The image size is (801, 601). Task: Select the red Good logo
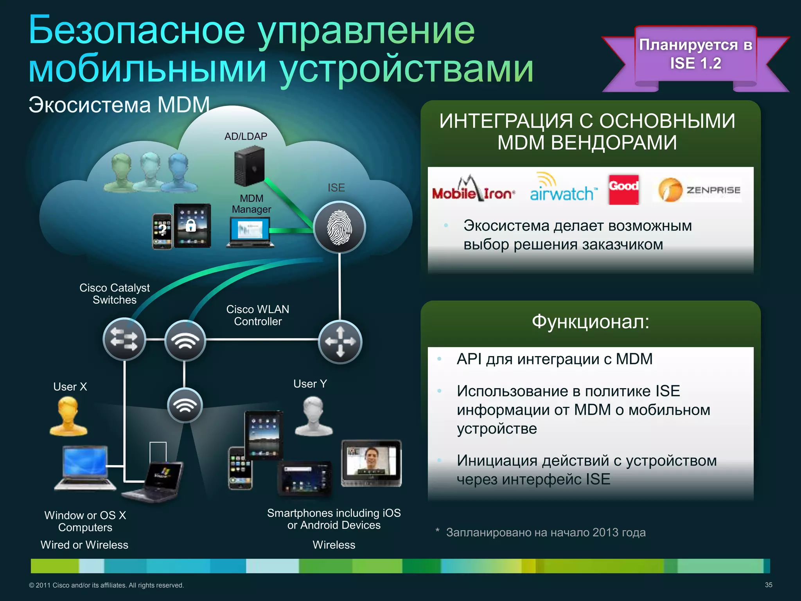(x=623, y=189)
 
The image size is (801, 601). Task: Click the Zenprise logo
(x=699, y=190)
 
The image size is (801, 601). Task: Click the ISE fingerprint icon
(x=339, y=228)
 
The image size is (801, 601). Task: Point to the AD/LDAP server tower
(x=249, y=166)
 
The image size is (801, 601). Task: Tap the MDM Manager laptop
(x=250, y=232)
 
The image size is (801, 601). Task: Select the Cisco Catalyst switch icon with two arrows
(x=124, y=339)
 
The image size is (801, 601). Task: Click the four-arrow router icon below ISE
(x=340, y=342)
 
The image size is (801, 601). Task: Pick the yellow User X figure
(x=68, y=416)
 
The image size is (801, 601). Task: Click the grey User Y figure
(x=313, y=416)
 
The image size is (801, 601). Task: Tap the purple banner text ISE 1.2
(x=695, y=63)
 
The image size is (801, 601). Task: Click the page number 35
(x=768, y=585)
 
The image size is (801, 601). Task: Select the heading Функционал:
(x=590, y=322)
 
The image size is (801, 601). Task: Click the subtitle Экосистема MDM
(x=119, y=105)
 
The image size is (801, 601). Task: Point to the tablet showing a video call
(x=371, y=463)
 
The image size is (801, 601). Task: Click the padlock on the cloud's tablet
(x=191, y=225)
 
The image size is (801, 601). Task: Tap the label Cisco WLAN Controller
(x=258, y=315)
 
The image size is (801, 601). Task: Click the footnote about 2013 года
(x=546, y=533)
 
